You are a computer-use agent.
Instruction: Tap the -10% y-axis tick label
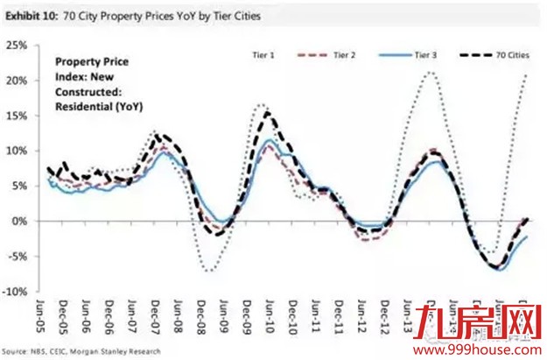[x=17, y=292]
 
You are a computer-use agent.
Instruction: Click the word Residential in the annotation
[x=85, y=106]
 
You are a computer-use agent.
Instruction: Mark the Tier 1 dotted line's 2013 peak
[x=429, y=73]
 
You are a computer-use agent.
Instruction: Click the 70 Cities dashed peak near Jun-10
[x=264, y=112]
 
